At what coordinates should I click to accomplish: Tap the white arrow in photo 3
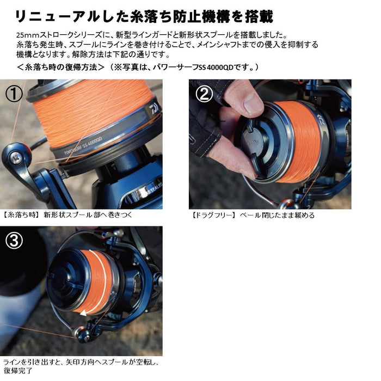pyautogui.click(x=83, y=312)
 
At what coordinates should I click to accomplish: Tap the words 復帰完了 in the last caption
pyautogui.click(x=19, y=371)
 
